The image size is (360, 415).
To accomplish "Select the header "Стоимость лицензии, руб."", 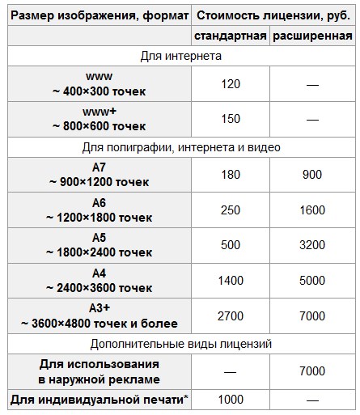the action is click(x=273, y=14).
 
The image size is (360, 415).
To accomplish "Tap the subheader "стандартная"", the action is click(x=231, y=36).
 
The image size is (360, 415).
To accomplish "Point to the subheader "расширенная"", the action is click(x=312, y=36).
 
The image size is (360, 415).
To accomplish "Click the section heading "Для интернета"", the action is click(x=180, y=56).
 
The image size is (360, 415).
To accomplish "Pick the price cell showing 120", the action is click(x=231, y=83).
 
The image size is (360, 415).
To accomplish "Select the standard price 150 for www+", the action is click(x=231, y=118).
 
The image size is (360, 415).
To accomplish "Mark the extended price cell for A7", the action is click(x=312, y=174).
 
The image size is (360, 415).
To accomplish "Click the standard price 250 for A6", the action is click(x=231, y=210).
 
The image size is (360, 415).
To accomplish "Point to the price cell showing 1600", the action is click(x=312, y=210).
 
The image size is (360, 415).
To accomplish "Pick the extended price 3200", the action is click(x=312, y=244).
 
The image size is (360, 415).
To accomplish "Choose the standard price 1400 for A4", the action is click(x=231, y=280).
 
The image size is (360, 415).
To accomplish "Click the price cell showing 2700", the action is click(x=231, y=315).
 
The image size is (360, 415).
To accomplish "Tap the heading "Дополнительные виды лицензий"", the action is click(x=180, y=344).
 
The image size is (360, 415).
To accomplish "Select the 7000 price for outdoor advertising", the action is click(x=312, y=371).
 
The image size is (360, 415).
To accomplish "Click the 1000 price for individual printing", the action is click(x=231, y=399).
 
